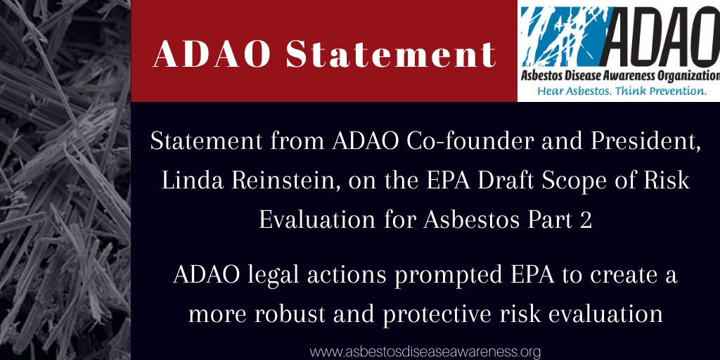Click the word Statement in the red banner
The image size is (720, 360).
390,55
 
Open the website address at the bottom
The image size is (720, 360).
425,352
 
